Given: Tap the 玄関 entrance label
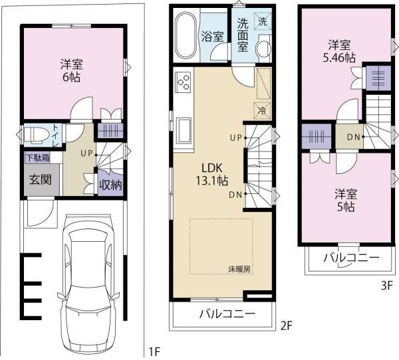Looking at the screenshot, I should pyautogui.click(x=37, y=180).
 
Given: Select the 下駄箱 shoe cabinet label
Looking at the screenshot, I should pyautogui.click(x=37, y=158).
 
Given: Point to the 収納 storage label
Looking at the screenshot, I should pyautogui.click(x=110, y=184).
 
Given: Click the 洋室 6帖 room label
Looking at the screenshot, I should pyautogui.click(x=71, y=70).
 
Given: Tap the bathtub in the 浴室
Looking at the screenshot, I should pyautogui.click(x=186, y=36).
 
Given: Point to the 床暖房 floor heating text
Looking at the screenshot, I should pyautogui.click(x=240, y=269).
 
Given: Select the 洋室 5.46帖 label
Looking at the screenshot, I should pyautogui.click(x=338, y=51).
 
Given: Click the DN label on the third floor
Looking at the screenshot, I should pyautogui.click(x=354, y=137).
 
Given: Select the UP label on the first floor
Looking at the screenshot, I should pyautogui.click(x=86, y=153).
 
